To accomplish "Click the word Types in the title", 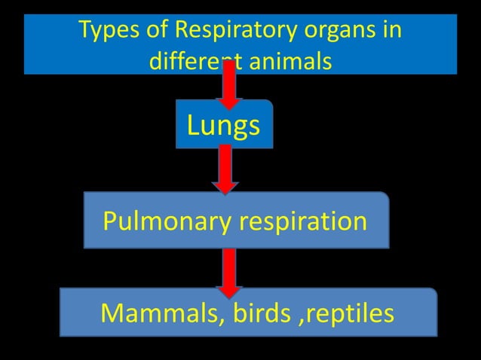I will click(106, 32).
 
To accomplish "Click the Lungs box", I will click(224, 125).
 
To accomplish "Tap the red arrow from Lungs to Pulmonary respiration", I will click(225, 169).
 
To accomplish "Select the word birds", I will click(256, 313).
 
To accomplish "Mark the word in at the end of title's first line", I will click(391, 32).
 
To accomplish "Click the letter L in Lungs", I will click(194, 125).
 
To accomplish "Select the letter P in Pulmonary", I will click(109, 221).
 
